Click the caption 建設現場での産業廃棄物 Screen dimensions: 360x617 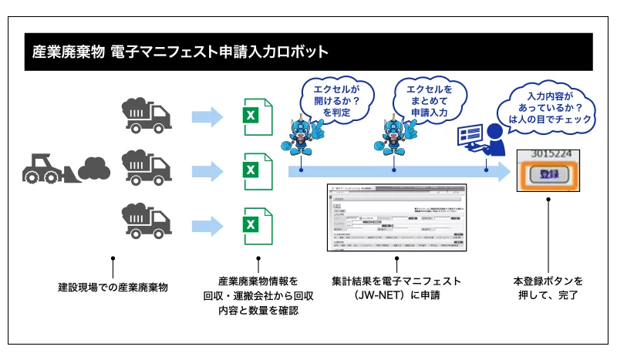coord(113,287)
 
